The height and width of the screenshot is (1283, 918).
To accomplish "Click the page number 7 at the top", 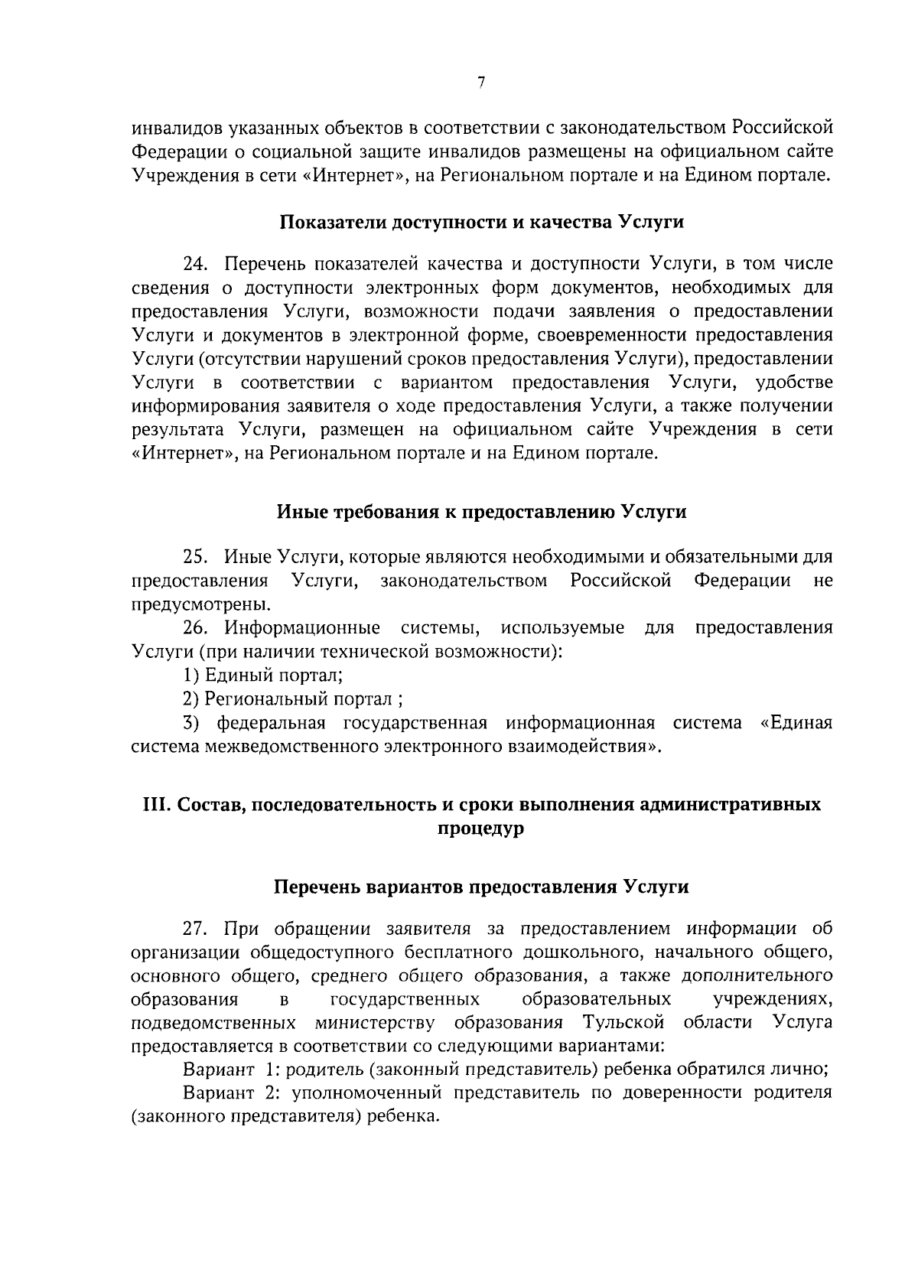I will (480, 84).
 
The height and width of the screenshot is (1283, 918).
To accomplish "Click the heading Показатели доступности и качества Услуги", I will (480, 223).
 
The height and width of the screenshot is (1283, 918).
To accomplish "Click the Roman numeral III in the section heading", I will (156, 805).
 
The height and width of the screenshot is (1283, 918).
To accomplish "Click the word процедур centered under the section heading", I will (480, 829).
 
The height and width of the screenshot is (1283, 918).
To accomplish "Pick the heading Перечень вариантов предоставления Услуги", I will (480, 887).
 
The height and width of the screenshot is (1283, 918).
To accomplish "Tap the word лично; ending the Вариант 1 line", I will (804, 1070).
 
